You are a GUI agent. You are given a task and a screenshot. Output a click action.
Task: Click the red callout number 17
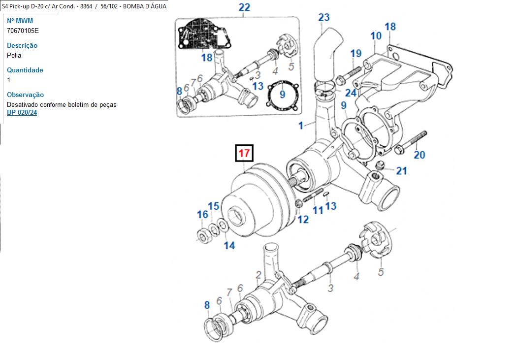[244, 153]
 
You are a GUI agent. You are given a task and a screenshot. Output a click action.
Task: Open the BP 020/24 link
[22, 113]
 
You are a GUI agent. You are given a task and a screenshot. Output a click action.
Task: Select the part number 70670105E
[23, 31]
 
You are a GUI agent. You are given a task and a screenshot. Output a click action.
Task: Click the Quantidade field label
[25, 70]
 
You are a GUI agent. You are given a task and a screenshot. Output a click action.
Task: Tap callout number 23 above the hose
[324, 18]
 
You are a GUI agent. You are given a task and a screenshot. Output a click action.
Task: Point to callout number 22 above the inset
[244, 7]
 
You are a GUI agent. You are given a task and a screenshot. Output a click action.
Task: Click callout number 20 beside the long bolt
[419, 155]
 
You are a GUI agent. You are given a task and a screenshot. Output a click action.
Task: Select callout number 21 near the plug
[402, 171]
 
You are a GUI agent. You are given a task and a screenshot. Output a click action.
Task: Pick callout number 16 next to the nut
[202, 215]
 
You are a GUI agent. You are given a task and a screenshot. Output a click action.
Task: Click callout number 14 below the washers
[229, 245]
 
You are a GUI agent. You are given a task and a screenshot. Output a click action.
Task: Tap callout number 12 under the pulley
[303, 220]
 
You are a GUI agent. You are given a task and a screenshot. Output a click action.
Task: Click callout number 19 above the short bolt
[356, 54]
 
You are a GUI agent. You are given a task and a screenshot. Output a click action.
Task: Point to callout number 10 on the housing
[376, 36]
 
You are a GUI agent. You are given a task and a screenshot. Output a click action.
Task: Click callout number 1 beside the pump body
[301, 126]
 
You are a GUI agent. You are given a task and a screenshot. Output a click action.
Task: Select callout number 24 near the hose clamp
[351, 93]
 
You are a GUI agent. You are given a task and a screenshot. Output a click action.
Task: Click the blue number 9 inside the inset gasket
[282, 94]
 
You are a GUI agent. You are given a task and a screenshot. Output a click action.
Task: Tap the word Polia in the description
[14, 55]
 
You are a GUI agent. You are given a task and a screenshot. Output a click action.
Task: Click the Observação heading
[25, 95]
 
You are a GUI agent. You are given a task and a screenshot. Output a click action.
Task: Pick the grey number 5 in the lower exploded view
[381, 272]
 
